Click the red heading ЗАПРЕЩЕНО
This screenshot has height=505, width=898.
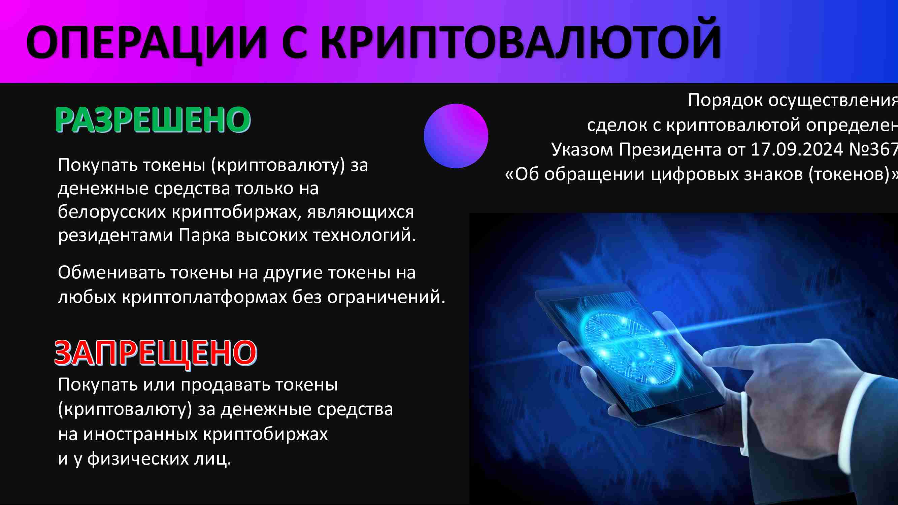pyautogui.click(x=156, y=353)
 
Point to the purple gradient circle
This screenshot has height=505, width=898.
pyautogui.click(x=456, y=136)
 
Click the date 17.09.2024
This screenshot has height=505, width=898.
pyautogui.click(x=797, y=149)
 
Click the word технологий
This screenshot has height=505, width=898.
pyautogui.click(x=364, y=235)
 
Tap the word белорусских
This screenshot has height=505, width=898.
pyautogui.click(x=111, y=212)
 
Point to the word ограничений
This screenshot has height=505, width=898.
pyautogui.click(x=386, y=297)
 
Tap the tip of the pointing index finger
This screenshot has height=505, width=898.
pyautogui.click(x=704, y=358)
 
